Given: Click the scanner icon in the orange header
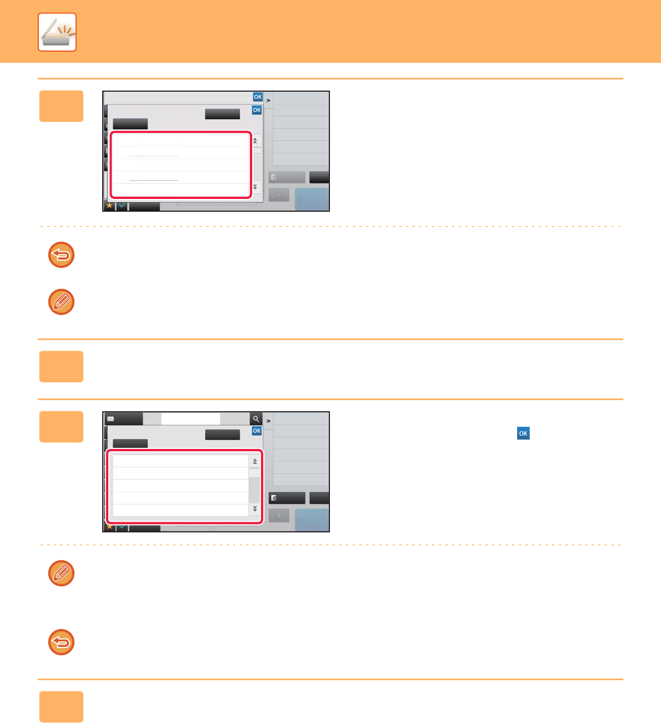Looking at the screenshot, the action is (x=57, y=32).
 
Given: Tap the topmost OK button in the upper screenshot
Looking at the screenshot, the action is (x=258, y=97).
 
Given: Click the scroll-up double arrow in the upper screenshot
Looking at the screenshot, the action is (x=255, y=141).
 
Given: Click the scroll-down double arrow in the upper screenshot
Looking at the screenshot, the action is (x=255, y=187).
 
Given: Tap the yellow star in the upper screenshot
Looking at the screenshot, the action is (x=109, y=206).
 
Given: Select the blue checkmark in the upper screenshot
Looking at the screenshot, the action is (x=122, y=206).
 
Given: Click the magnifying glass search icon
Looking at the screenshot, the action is (x=256, y=419).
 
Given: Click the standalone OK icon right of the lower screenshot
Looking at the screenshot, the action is (x=523, y=433).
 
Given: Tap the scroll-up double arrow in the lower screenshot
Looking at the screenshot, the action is (x=255, y=461).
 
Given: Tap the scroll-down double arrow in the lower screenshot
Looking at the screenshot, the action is (x=255, y=508).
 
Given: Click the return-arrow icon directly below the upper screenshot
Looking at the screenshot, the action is (x=61, y=255).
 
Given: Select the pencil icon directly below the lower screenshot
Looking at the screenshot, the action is (x=61, y=573).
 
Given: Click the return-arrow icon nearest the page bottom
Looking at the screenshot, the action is (x=61, y=642).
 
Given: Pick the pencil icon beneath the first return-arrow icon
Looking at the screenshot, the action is (x=61, y=302).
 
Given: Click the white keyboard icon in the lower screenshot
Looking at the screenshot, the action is (x=111, y=419).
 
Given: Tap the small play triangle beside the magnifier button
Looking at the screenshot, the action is (x=268, y=421).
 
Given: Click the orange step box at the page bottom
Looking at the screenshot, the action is (x=61, y=706).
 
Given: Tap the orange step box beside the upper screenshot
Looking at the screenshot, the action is (x=61, y=106).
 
